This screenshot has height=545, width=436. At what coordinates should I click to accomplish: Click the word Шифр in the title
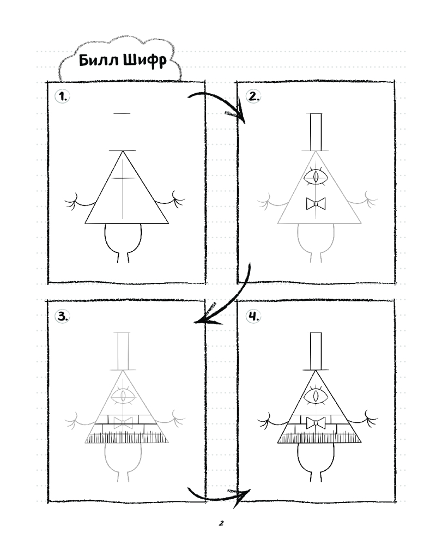pyautogui.click(x=144, y=60)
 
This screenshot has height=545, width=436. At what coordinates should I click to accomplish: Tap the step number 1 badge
pyautogui.click(x=63, y=96)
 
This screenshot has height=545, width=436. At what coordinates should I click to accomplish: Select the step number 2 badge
pyautogui.click(x=253, y=96)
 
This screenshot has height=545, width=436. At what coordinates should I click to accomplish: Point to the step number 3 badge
pyautogui.click(x=63, y=316)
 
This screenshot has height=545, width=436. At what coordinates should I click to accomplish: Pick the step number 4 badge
pyautogui.click(x=253, y=316)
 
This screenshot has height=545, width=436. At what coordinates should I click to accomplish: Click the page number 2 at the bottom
pyautogui.click(x=221, y=523)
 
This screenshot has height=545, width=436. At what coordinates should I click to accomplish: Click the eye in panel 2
pyautogui.click(x=316, y=176)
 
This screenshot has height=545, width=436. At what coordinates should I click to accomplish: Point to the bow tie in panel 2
pyautogui.click(x=316, y=203)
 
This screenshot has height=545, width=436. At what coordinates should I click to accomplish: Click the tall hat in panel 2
pyautogui.click(x=316, y=132)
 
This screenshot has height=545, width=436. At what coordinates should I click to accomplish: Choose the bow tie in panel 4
pyautogui.click(x=316, y=423)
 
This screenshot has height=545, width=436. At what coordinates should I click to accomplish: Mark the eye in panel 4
pyautogui.click(x=316, y=396)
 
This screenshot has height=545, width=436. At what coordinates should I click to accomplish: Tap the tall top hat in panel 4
pyautogui.click(x=316, y=352)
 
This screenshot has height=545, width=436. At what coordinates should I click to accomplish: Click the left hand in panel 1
pyautogui.click(x=74, y=201)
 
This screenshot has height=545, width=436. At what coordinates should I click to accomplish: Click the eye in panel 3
pyautogui.click(x=123, y=396)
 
